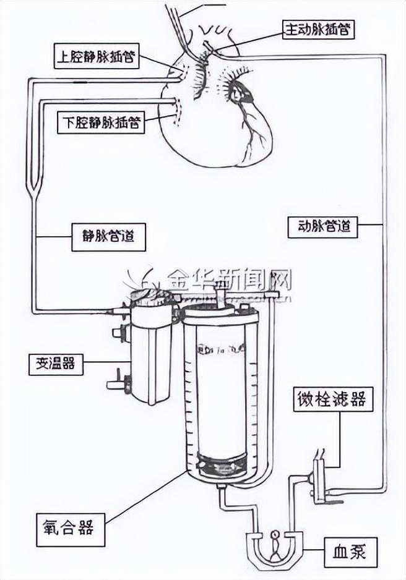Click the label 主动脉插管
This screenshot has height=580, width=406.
(319, 29)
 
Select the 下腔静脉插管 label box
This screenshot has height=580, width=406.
(101, 122)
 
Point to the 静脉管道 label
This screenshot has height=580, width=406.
(109, 236)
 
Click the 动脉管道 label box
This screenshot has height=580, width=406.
(323, 226)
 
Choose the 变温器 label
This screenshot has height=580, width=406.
(56, 364)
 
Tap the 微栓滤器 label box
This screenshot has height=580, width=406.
(329, 399)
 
